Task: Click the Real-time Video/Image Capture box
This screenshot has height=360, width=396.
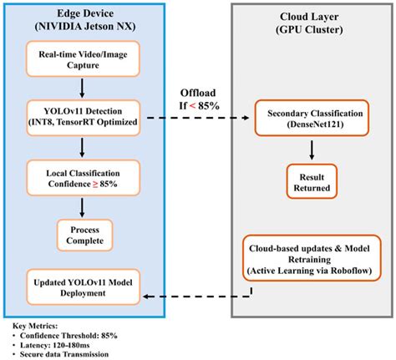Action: click(x=81, y=61)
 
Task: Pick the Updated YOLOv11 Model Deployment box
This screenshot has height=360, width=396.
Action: click(x=81, y=283)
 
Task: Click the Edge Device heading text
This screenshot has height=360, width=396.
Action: click(x=81, y=18)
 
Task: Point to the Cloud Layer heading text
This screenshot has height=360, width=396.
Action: click(x=312, y=18)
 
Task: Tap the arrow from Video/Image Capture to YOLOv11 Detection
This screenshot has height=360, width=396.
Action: click(x=81, y=89)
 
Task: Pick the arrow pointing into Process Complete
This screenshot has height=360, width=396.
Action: click(x=81, y=206)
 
